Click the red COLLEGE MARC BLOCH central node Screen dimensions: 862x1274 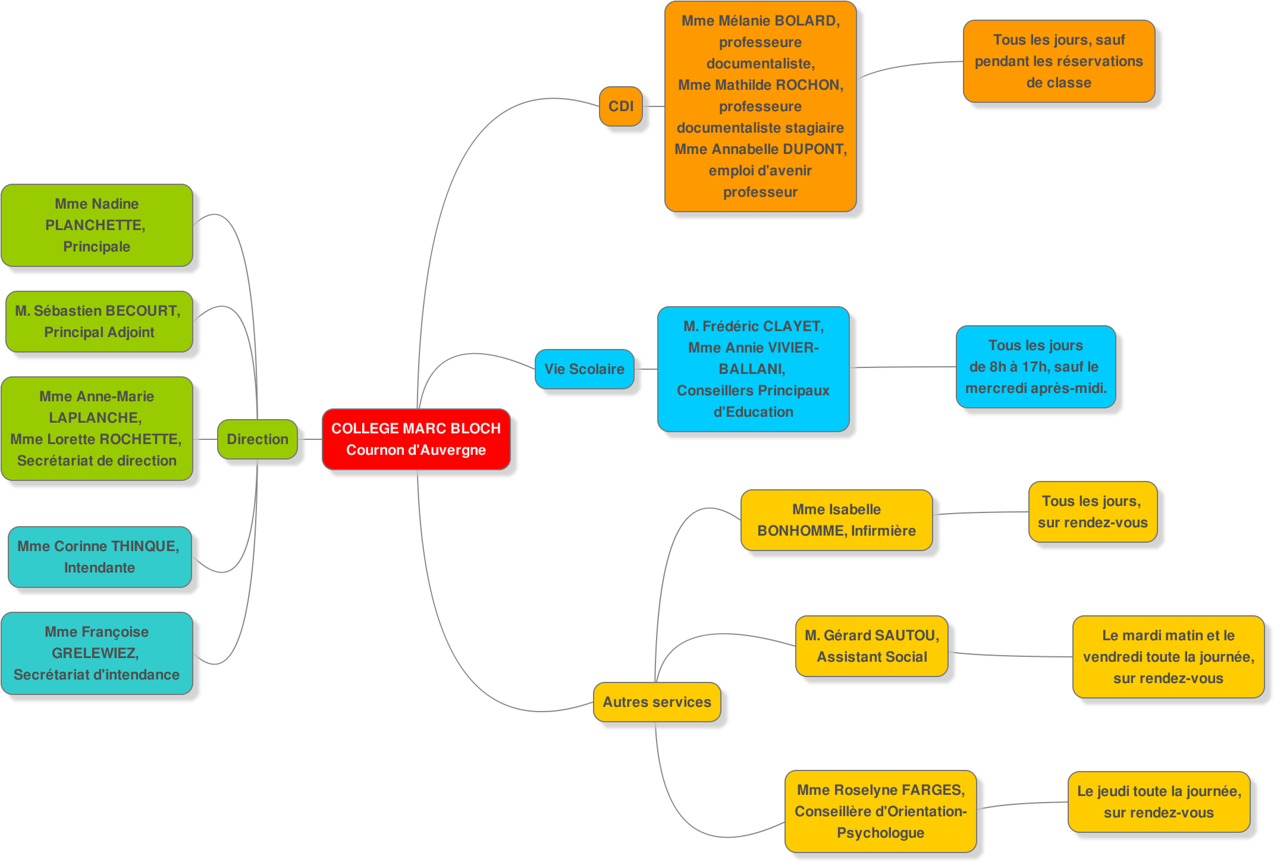416,439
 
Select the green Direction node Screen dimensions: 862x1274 257,439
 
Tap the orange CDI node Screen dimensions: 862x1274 620,106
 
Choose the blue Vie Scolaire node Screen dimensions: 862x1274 584,369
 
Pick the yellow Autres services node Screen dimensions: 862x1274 657,702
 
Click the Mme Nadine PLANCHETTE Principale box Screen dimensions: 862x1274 97,225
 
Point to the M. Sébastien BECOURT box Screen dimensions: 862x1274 99,322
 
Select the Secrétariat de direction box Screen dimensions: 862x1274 97,429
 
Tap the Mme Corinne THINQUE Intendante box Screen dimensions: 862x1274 99,557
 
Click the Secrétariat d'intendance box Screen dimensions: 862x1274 97,653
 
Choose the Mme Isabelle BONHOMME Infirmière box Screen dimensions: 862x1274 836,520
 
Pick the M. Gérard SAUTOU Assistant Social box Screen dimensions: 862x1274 871,646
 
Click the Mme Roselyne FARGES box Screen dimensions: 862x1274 880,811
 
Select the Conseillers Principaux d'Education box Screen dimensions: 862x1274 753,369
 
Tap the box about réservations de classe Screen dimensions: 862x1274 1059,61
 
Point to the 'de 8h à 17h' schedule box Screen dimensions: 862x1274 1035,367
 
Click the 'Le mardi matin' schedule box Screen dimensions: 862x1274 1168,657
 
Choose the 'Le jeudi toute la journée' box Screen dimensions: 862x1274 1159,802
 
